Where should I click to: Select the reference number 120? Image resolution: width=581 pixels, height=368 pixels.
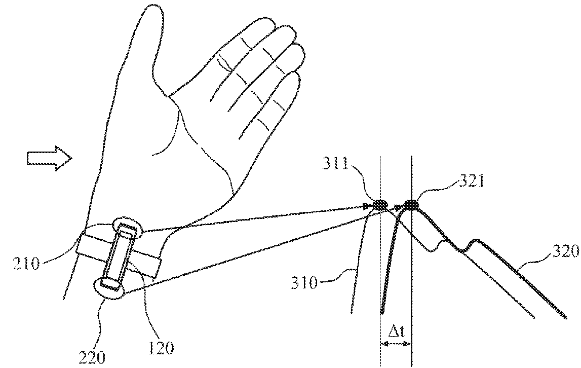click(x=161, y=348)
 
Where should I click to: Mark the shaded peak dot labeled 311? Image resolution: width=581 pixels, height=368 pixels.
click(x=380, y=205)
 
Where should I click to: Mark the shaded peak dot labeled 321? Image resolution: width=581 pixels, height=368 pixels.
click(x=411, y=205)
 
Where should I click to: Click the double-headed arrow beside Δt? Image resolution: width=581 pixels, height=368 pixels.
click(x=396, y=344)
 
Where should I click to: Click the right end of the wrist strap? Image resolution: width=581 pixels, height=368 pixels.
click(x=159, y=267)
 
